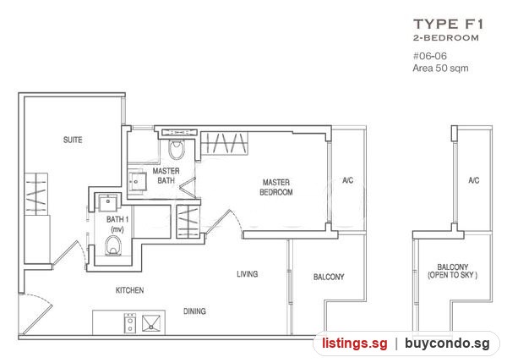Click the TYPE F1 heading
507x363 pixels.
(x=449, y=25)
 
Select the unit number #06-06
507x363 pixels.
(x=430, y=56)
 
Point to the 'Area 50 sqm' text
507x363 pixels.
(x=440, y=68)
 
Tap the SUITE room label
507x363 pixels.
(x=73, y=140)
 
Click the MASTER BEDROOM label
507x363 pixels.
(x=276, y=187)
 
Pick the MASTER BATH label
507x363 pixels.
(x=166, y=175)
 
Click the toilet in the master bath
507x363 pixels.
(x=177, y=149)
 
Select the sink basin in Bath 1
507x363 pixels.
(x=108, y=203)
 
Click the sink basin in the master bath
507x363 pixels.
(x=137, y=181)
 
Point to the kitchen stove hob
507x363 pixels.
(x=130, y=323)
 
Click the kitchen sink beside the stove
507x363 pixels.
(x=151, y=323)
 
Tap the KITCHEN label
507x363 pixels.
(x=129, y=290)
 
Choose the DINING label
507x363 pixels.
(x=194, y=311)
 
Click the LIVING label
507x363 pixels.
(x=248, y=274)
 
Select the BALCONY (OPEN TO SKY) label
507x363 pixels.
(x=453, y=271)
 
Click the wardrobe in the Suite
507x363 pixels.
(x=36, y=195)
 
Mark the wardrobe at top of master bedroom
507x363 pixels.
(x=225, y=143)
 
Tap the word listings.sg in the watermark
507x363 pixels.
(x=354, y=344)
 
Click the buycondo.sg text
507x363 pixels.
(x=448, y=344)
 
